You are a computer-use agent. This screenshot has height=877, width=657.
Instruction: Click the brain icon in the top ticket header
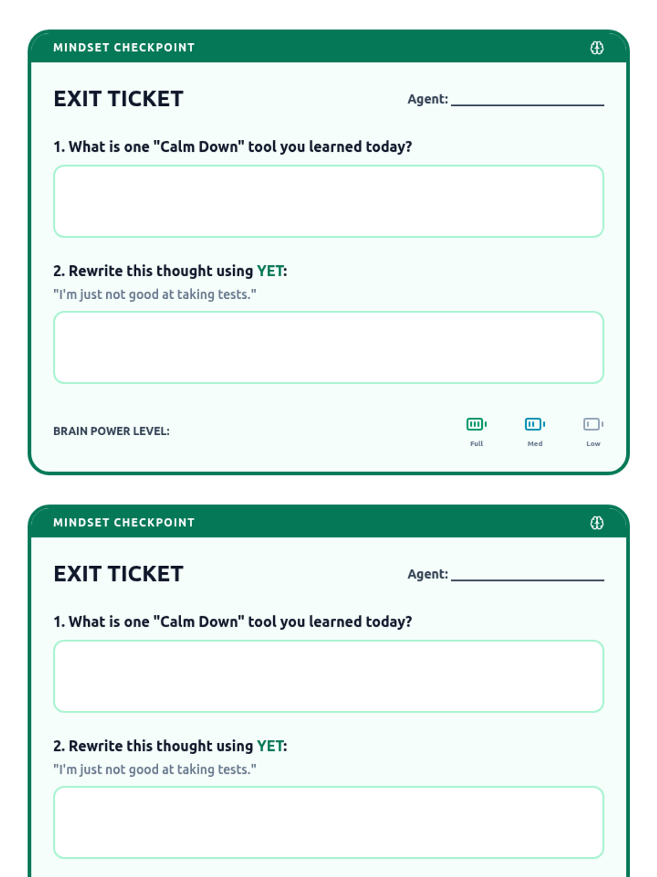coord(597,48)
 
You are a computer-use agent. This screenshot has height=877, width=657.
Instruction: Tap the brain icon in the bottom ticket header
coord(597,523)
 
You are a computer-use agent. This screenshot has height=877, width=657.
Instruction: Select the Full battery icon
coord(476,424)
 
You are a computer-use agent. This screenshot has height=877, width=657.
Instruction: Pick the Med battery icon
coord(535,424)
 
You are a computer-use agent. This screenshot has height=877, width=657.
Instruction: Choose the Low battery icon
coord(593,424)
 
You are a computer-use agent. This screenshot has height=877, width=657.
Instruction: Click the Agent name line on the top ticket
coord(527,105)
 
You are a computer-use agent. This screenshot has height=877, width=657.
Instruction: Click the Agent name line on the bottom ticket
coord(527,580)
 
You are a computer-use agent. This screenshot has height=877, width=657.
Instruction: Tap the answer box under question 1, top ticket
coord(328,201)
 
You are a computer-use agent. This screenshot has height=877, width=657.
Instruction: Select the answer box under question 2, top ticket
coord(328,347)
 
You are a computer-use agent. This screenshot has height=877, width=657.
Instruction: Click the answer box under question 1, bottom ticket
coord(328,676)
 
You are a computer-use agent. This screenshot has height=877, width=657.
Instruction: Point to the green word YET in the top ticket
coord(270,271)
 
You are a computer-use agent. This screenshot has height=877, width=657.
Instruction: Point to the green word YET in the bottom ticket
coord(270,746)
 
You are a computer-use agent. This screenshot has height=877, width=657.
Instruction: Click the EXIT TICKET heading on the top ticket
coord(118,99)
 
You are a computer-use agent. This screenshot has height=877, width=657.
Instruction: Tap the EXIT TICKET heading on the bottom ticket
coord(118,574)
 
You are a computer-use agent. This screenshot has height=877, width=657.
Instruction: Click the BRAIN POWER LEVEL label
coord(112,431)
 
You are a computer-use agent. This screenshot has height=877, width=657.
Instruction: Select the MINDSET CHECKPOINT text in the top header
coord(124,48)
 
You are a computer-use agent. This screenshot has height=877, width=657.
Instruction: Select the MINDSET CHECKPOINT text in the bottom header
coord(124,522)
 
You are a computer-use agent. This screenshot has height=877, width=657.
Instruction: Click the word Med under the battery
coord(535,443)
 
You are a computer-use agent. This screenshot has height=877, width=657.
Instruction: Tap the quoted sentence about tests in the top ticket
coord(155,294)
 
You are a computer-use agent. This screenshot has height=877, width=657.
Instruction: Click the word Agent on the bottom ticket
coord(428,574)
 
